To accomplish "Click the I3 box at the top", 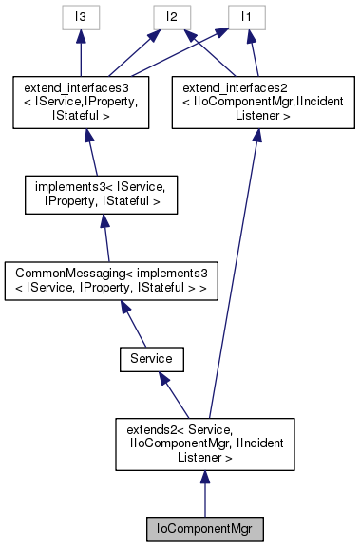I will point(82,16).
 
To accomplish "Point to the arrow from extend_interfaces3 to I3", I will point(82,52).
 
